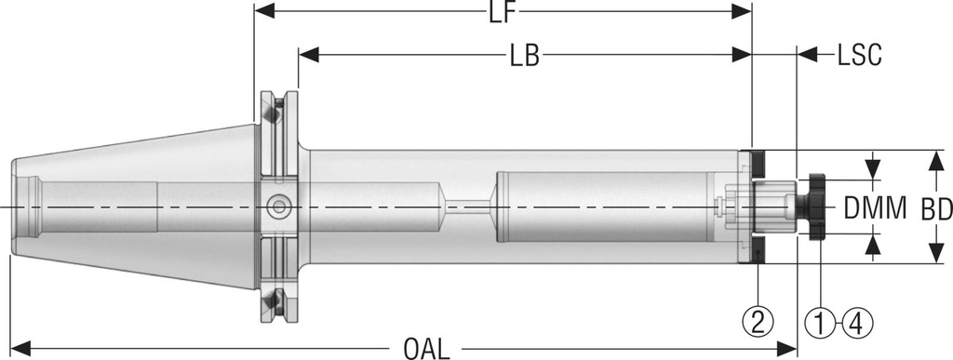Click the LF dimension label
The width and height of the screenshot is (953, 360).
503,12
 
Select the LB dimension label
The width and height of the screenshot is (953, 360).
525,56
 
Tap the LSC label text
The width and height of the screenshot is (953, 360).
859,56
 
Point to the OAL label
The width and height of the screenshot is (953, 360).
426,349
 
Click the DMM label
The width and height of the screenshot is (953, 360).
875,208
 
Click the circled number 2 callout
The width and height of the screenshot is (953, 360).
758,323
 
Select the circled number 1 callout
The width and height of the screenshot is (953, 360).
820,323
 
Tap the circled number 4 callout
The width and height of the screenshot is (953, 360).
857,323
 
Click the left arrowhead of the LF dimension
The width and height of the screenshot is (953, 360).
265,10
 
